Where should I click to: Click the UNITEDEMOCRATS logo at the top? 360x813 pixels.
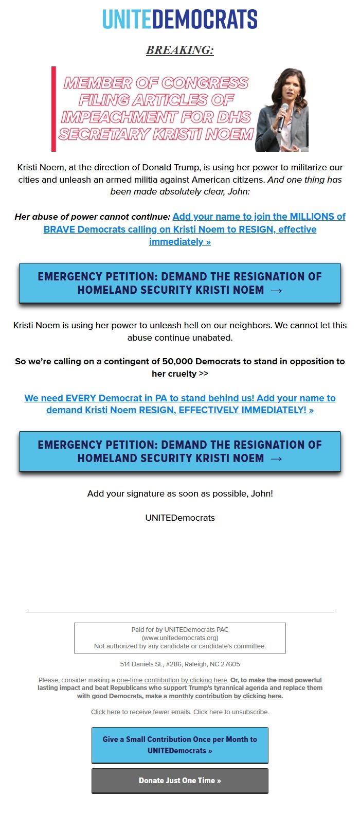coord(180,20)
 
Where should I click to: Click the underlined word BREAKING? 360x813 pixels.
coord(179,50)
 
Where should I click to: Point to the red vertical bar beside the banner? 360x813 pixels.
coord(53,109)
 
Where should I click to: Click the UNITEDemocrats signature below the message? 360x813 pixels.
coord(180,518)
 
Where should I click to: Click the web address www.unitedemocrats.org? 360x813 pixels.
coord(180,638)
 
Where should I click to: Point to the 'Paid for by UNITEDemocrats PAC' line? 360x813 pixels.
coord(180,629)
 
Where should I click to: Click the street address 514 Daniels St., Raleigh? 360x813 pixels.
coord(180,664)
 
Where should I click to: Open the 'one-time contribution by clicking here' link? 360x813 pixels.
coord(172,680)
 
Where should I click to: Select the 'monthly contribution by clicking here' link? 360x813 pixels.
coord(225,696)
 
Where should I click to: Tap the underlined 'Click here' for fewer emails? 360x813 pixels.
coord(105,712)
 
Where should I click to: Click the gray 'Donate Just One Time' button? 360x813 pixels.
coord(180,781)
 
